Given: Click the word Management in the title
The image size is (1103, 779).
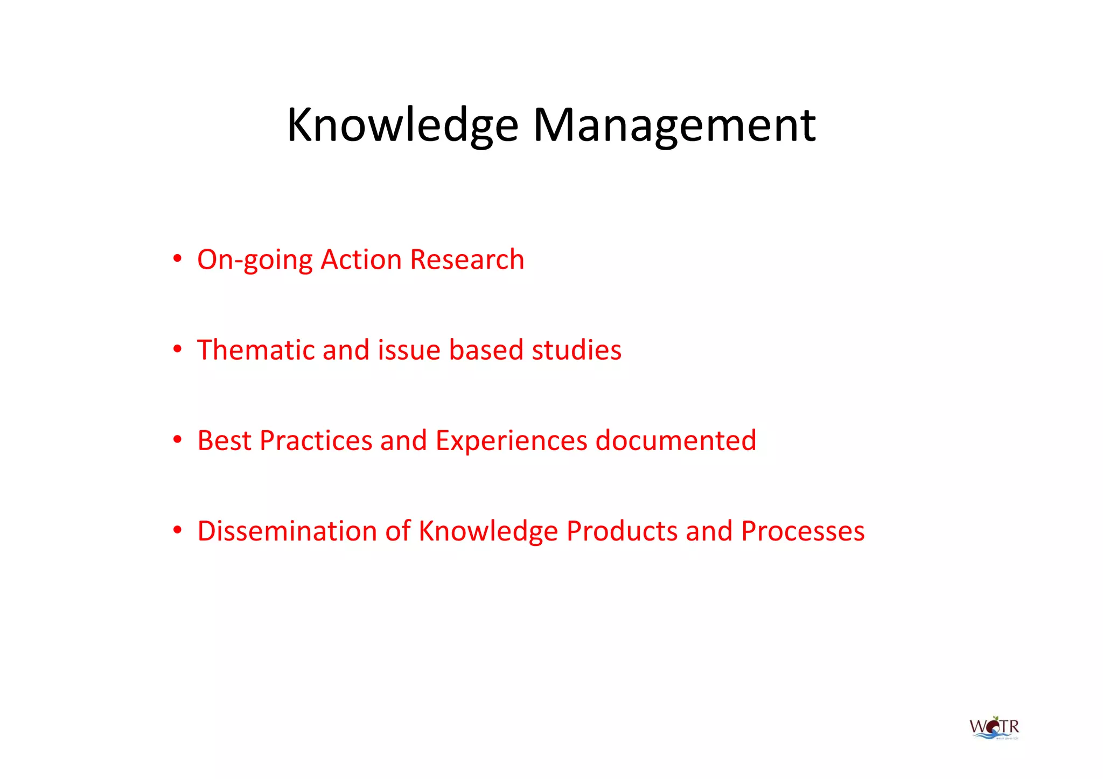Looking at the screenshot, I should [674, 125].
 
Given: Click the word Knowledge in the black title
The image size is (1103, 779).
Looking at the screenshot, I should [402, 125].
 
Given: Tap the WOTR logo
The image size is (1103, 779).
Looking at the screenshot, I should [994, 728].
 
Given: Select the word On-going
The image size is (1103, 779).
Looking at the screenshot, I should [255, 260].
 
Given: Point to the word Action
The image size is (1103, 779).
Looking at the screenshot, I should [361, 259].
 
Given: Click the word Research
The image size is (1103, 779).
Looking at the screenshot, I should [467, 259].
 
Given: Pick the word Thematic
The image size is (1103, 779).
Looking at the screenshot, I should [256, 350].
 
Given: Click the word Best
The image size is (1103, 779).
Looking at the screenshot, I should [225, 440].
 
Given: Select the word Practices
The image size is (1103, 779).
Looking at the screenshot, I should [316, 440].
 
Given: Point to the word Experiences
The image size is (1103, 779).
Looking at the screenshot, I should [511, 441].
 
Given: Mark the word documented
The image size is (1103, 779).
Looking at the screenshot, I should [676, 440].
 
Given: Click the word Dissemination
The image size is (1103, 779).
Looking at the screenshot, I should [287, 531].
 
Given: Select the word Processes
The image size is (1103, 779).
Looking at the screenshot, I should [802, 531].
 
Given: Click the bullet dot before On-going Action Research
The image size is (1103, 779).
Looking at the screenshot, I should [177, 259].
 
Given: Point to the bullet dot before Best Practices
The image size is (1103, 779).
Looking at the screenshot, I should [177, 440].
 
